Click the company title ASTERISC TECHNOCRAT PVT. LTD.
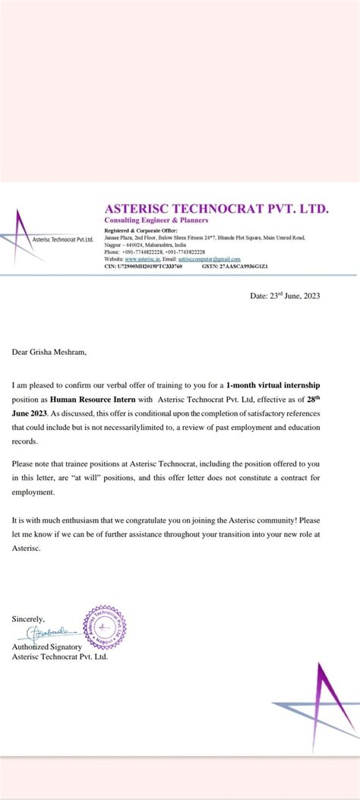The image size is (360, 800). coord(216,207)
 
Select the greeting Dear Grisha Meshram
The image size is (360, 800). coord(55,352)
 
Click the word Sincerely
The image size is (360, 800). coord(29,619)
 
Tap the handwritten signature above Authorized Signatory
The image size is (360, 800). coord(51,632)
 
